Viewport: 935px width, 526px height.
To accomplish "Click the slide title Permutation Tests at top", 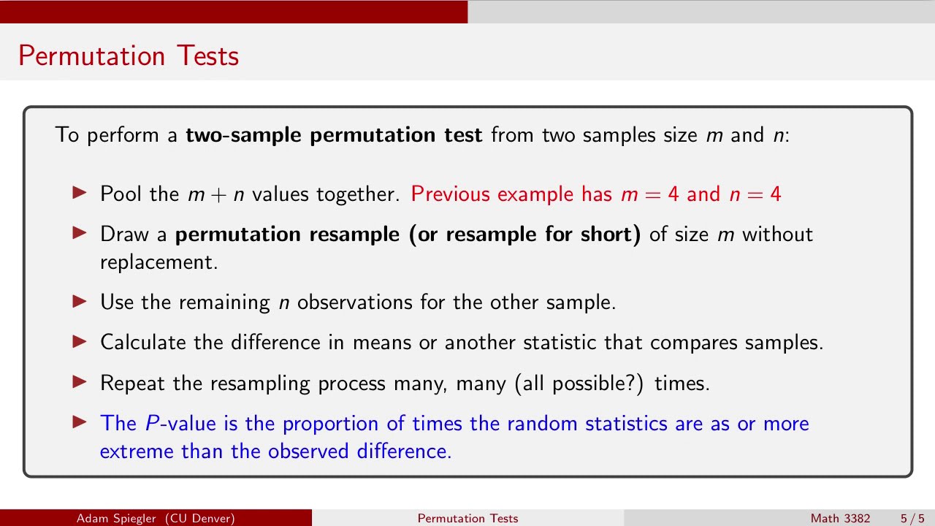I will pos(129,56).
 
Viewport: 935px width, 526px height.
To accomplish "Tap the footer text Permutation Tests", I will pos(467,518).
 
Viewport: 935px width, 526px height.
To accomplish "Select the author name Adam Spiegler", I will pos(118,518).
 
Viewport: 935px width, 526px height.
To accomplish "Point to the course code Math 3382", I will pos(840,518).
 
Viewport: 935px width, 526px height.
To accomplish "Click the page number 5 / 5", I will pos(912,518).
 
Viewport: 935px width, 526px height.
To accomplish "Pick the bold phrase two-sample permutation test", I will pos(334,135).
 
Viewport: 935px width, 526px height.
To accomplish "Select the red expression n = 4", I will pos(755,194).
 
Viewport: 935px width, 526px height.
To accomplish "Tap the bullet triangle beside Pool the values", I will pos(80,193).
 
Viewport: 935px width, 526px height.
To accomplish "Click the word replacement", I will pos(159,262).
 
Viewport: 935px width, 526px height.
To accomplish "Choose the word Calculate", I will pos(143,343).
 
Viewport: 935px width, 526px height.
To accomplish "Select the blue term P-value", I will pos(174,424).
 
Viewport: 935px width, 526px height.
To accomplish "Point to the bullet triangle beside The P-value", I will pos(80,422).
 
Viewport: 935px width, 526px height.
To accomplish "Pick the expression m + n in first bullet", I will pos(216,194).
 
